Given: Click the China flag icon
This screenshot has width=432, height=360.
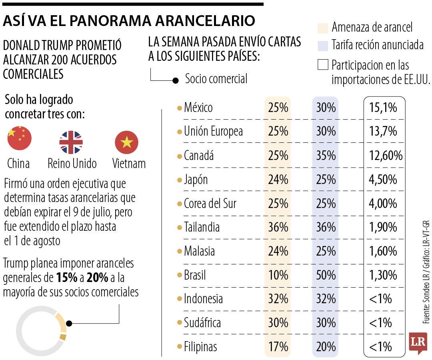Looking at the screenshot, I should pos(19,138).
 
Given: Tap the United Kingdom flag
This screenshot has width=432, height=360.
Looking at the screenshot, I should pos(71,142).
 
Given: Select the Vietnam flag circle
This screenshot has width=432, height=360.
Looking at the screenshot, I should pos(126,142).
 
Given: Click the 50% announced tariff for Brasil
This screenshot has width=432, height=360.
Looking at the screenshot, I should pos(326,275).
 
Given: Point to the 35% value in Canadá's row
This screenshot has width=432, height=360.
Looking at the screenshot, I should pos(326,156).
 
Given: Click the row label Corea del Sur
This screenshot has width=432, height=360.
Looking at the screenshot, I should pos(210,204).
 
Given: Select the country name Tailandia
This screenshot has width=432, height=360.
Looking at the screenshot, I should pos(202,227).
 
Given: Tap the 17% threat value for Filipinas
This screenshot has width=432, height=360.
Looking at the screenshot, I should pos(278,346).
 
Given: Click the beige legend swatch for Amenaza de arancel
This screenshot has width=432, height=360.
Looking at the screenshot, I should pos(323,28).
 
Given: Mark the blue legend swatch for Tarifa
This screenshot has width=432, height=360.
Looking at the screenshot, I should pos(323,45).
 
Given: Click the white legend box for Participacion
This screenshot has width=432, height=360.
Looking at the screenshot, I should pos(323,65).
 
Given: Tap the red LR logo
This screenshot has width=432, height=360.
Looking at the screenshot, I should pos(418,342).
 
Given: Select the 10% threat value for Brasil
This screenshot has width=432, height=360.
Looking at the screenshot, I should pos(278,275).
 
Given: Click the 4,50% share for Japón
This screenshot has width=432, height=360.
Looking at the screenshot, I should pos(383,180).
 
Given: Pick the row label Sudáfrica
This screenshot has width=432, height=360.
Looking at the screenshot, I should pos(202,322).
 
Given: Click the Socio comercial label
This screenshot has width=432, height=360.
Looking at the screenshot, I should pos(216,79).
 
